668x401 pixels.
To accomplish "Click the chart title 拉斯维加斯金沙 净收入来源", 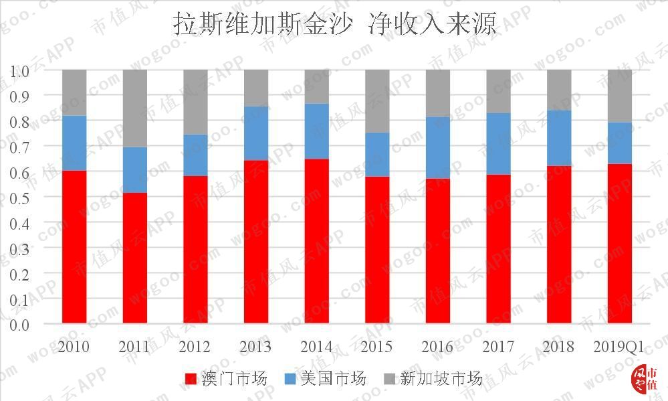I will click(335, 25).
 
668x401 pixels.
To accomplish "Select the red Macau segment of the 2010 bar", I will click(74, 247).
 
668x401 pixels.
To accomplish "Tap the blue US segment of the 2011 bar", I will click(135, 170).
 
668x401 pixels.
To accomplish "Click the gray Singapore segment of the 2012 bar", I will click(195, 102).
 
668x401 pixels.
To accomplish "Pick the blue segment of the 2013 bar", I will click(256, 133).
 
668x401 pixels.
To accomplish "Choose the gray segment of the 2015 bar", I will click(377, 101).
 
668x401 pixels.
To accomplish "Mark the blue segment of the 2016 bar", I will click(438, 147).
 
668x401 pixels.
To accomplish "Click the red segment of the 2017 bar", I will click(498, 249).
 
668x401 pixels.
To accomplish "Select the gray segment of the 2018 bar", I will click(559, 90).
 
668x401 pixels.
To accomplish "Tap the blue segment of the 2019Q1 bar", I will click(620, 143).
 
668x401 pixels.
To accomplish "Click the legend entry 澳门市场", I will click(226, 379).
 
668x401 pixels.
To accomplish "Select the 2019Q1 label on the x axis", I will click(619, 347).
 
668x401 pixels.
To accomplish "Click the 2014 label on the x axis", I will click(316, 347).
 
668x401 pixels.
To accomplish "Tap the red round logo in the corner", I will click(645, 380).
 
